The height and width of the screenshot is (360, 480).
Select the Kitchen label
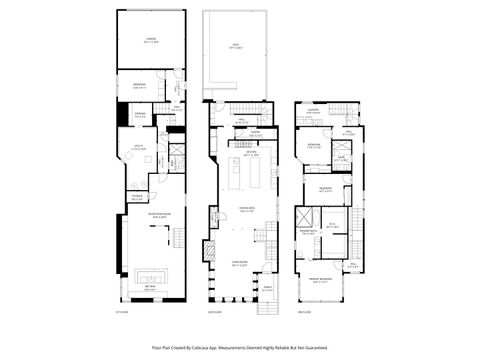click(x=250, y=154)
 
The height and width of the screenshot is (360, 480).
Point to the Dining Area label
click(x=245, y=209)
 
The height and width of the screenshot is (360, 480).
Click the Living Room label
click(x=242, y=263)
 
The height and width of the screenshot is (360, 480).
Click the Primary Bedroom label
click(x=321, y=280)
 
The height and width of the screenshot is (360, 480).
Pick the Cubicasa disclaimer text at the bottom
click(x=240, y=348)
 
